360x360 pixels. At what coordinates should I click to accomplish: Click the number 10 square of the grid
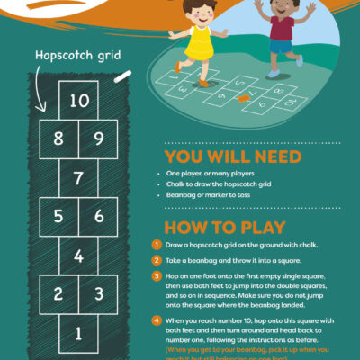click(79, 100)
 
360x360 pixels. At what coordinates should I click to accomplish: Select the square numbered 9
click(98, 139)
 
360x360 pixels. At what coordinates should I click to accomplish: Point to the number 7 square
click(79, 177)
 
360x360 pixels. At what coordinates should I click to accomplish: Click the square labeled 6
click(98, 217)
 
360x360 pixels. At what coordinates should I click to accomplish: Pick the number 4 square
click(79, 256)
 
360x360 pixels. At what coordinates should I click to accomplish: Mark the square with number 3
click(98, 294)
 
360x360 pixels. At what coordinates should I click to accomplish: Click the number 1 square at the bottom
click(79, 334)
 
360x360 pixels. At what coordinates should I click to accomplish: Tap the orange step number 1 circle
click(157, 245)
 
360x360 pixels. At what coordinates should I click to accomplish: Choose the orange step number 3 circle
click(157, 278)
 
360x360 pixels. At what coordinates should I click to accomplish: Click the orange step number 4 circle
click(157, 320)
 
